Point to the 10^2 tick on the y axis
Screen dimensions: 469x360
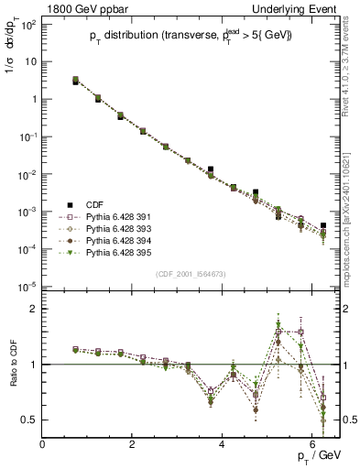tap(27, 24)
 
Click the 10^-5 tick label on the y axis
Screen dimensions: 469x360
tap(27, 287)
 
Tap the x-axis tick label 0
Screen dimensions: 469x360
tap(43, 444)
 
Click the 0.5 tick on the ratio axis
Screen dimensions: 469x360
tap(29, 420)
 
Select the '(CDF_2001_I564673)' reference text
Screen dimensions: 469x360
tap(191, 274)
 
